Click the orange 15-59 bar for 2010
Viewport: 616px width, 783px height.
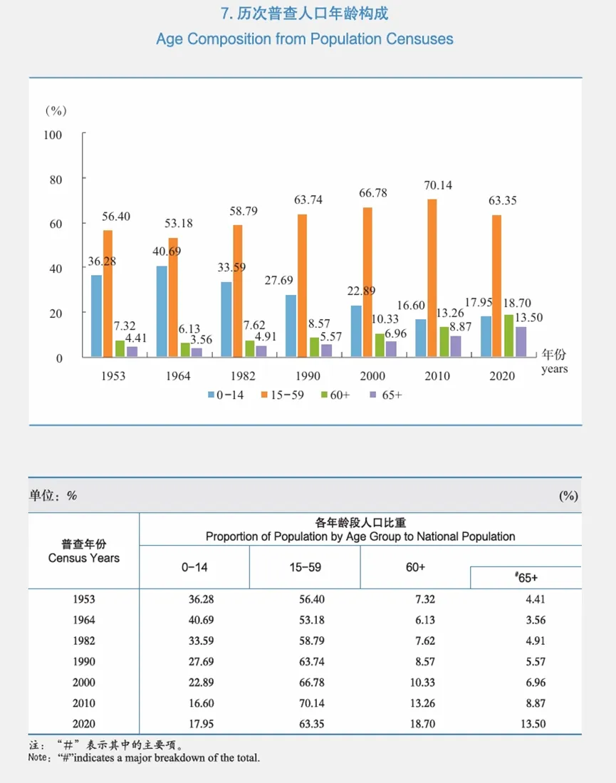pyautogui.click(x=432, y=278)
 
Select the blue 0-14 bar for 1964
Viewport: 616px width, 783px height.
pyautogui.click(x=162, y=311)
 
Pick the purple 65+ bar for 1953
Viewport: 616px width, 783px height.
pyautogui.click(x=132, y=351)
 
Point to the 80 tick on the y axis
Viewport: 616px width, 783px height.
pyautogui.click(x=55, y=179)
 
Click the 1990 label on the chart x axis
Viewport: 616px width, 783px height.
pyautogui.click(x=308, y=375)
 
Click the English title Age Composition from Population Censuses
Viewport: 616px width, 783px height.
pyautogui.click(x=305, y=38)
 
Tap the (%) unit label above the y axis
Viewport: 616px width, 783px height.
pyautogui.click(x=56, y=110)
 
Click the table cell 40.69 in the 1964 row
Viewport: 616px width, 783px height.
pyautogui.click(x=194, y=620)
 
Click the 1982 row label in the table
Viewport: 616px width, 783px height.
pyautogui.click(x=83, y=641)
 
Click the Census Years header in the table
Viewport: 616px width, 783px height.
pyautogui.click(x=83, y=558)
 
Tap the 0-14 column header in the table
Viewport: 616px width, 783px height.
pyautogui.click(x=194, y=567)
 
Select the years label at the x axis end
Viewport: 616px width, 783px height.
pyautogui.click(x=554, y=369)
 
